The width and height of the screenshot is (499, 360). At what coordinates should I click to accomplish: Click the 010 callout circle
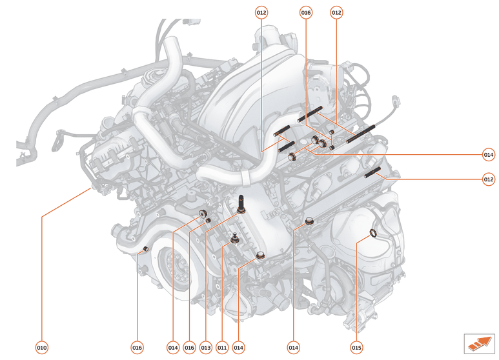(41, 348)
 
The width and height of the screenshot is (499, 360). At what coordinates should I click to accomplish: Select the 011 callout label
(222, 348)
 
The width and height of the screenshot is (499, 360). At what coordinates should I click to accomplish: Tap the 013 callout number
(206, 348)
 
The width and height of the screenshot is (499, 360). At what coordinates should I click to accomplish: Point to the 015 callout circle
(356, 348)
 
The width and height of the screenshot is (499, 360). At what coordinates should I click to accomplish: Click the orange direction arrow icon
(478, 343)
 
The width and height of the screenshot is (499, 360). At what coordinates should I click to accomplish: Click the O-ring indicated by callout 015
(374, 233)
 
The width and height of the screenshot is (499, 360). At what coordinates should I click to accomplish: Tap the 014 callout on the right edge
(488, 155)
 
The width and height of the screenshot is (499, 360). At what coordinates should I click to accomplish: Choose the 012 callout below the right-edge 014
(488, 179)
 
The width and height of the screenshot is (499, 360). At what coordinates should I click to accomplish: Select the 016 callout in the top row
(306, 12)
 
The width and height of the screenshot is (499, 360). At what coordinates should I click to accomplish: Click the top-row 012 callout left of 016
(261, 12)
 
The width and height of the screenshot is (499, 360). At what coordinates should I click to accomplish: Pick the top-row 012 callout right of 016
(336, 12)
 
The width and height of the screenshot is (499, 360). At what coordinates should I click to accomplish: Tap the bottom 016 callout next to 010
(137, 348)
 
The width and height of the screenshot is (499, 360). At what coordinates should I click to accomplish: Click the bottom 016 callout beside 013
(189, 348)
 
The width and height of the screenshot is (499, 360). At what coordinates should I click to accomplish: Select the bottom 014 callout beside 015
(294, 348)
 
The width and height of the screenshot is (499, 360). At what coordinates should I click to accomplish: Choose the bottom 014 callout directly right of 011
(238, 348)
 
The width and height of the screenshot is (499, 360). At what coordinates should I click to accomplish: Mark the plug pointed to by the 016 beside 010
(146, 248)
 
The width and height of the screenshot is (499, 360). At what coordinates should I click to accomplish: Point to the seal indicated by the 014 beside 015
(309, 222)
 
